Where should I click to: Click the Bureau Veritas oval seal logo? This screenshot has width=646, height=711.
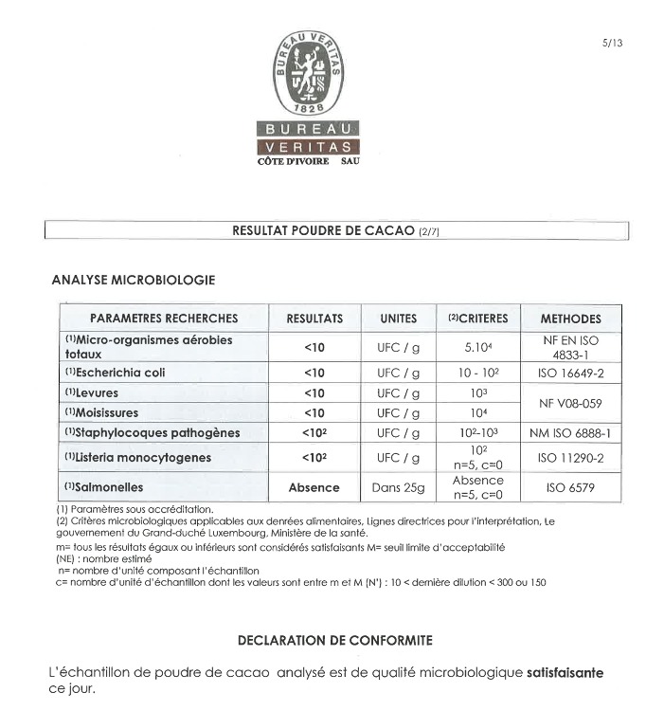point(308,73)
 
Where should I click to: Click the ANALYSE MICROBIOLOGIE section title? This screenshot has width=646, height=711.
point(133,280)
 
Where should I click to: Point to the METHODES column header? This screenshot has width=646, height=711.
point(570,319)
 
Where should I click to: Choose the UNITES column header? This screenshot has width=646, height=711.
point(398,319)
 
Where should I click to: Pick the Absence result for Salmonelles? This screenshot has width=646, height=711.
point(314,487)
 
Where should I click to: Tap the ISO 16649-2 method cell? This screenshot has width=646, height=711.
point(570,373)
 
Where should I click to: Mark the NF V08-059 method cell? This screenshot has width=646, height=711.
point(570,403)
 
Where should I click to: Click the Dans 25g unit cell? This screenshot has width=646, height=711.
point(398,487)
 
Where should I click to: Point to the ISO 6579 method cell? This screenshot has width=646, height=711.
point(570,487)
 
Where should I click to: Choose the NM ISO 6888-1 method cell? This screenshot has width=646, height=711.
point(570,433)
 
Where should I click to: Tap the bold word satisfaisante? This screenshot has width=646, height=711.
point(565,673)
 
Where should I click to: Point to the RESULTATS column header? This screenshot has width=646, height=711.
point(314,319)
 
